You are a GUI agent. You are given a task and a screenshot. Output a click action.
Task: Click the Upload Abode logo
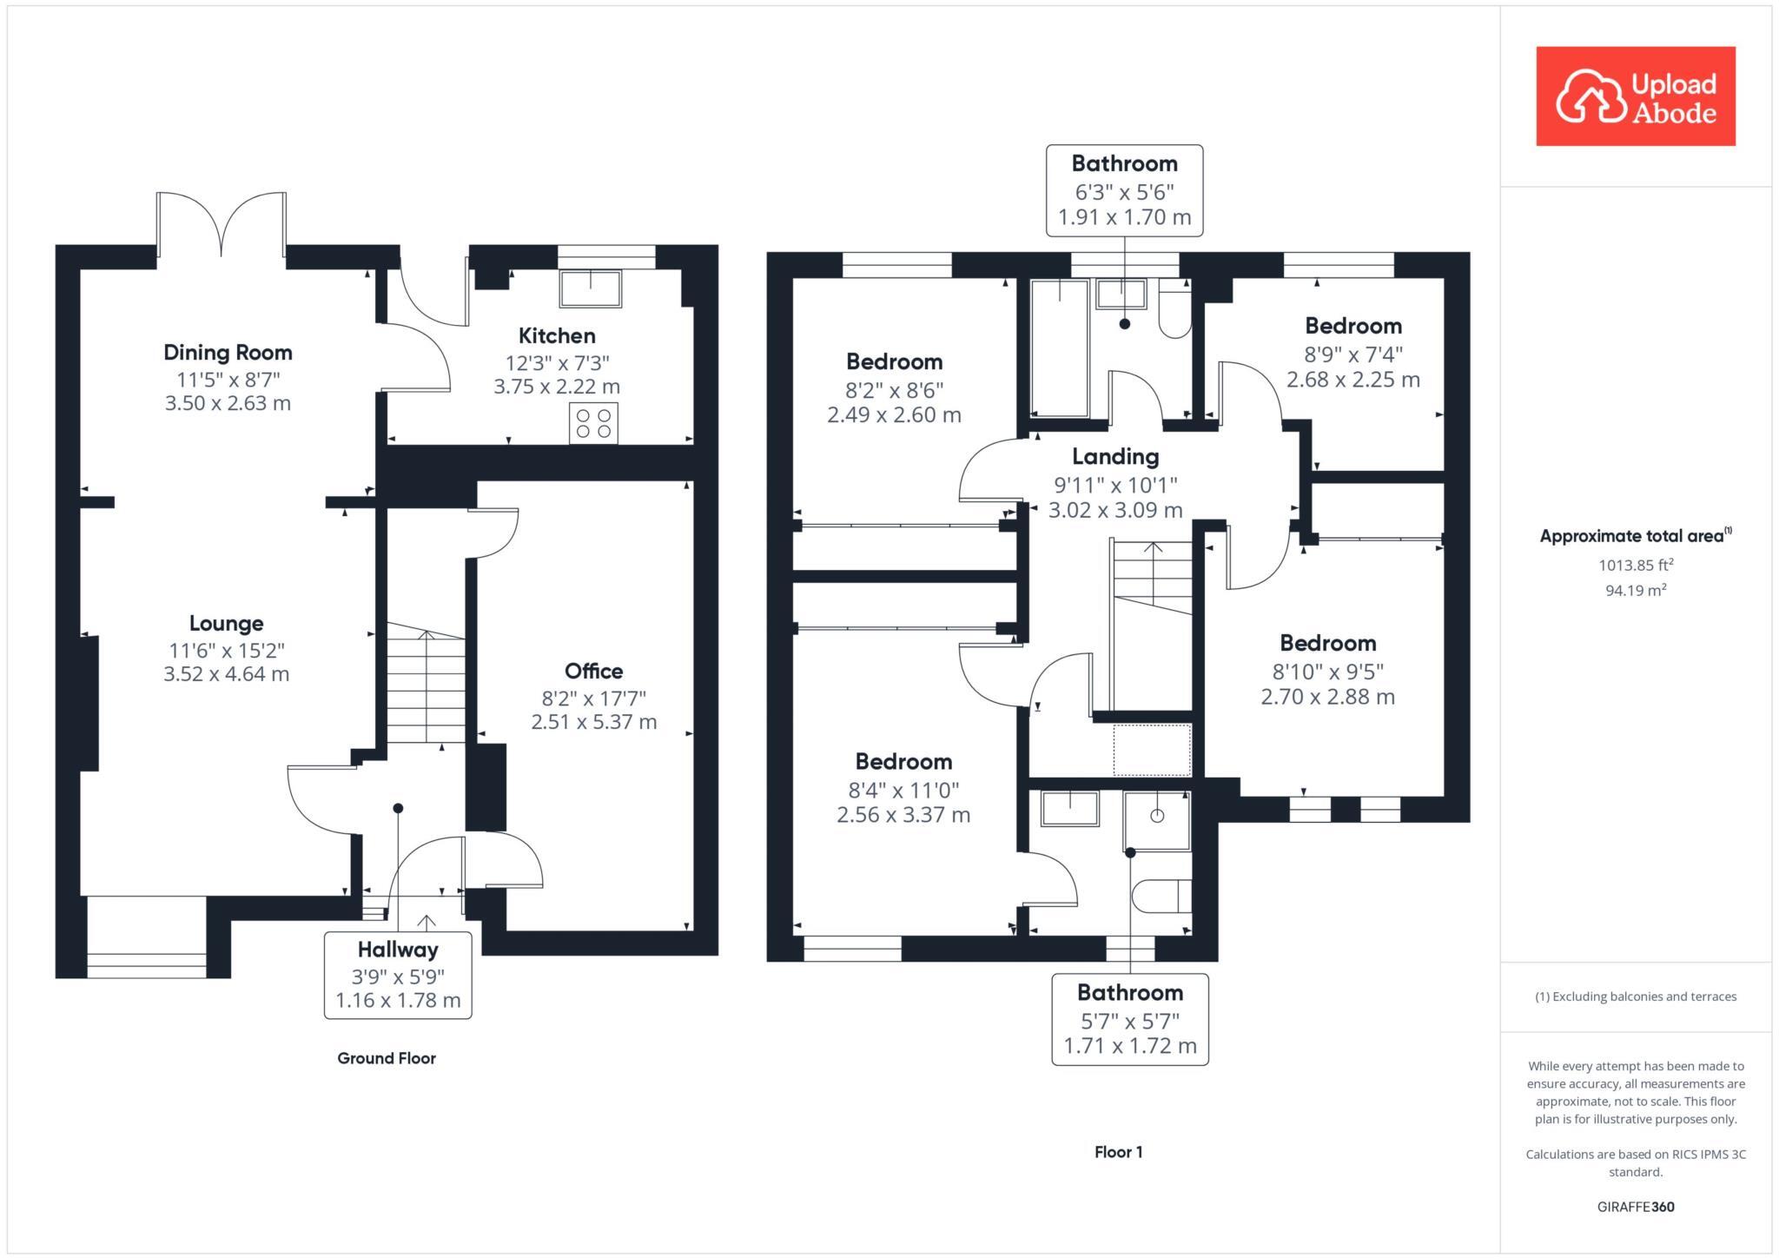(x=1635, y=96)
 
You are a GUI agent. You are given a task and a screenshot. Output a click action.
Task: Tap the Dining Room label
(x=228, y=352)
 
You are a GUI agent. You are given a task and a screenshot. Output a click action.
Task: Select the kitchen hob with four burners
(x=593, y=423)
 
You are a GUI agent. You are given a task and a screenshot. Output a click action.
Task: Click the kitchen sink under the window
(x=591, y=288)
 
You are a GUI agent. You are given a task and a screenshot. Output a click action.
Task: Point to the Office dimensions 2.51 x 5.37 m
(x=594, y=722)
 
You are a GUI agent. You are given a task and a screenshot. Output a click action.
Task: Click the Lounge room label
(x=226, y=623)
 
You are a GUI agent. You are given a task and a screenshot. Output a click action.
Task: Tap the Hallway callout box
(x=398, y=974)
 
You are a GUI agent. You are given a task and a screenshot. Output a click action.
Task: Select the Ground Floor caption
(x=387, y=1058)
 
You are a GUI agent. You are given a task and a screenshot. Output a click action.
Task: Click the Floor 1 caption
(x=1118, y=1152)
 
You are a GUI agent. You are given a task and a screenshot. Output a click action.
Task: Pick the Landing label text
(x=1115, y=456)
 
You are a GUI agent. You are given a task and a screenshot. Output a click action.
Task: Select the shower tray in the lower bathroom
(x=1156, y=819)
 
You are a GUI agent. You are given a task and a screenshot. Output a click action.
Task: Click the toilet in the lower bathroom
(x=1161, y=896)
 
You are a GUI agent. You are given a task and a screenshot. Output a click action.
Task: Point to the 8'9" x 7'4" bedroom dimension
(x=1353, y=354)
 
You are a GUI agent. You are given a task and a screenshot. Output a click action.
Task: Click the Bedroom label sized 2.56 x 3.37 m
(x=903, y=761)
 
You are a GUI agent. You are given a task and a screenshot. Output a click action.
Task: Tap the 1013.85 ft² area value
(x=1636, y=565)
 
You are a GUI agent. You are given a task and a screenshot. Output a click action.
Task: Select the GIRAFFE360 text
(x=1636, y=1207)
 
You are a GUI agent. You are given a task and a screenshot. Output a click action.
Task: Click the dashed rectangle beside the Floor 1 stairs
(x=1152, y=750)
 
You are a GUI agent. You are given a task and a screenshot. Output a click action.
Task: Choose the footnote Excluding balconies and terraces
(x=1636, y=996)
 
